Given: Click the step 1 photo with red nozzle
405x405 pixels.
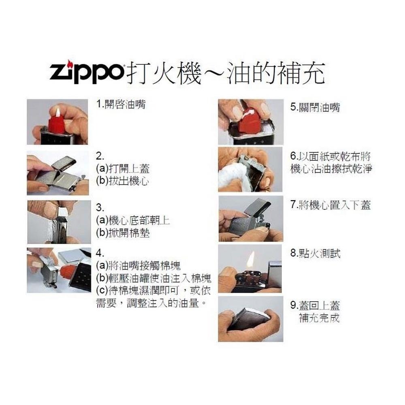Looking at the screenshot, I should tap(57, 122).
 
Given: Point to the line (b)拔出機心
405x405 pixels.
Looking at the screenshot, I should tap(122, 181).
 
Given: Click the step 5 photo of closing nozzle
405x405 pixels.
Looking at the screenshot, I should tap(250, 122).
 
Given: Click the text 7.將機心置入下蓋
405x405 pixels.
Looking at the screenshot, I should tap(330, 205).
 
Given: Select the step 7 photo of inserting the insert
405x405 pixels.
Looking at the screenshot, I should tap(250, 219).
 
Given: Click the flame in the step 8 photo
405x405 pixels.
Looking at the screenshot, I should tap(251, 259).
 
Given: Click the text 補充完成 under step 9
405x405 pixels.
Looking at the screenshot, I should tap(319, 318).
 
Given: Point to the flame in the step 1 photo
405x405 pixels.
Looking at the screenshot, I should tap(58, 112).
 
